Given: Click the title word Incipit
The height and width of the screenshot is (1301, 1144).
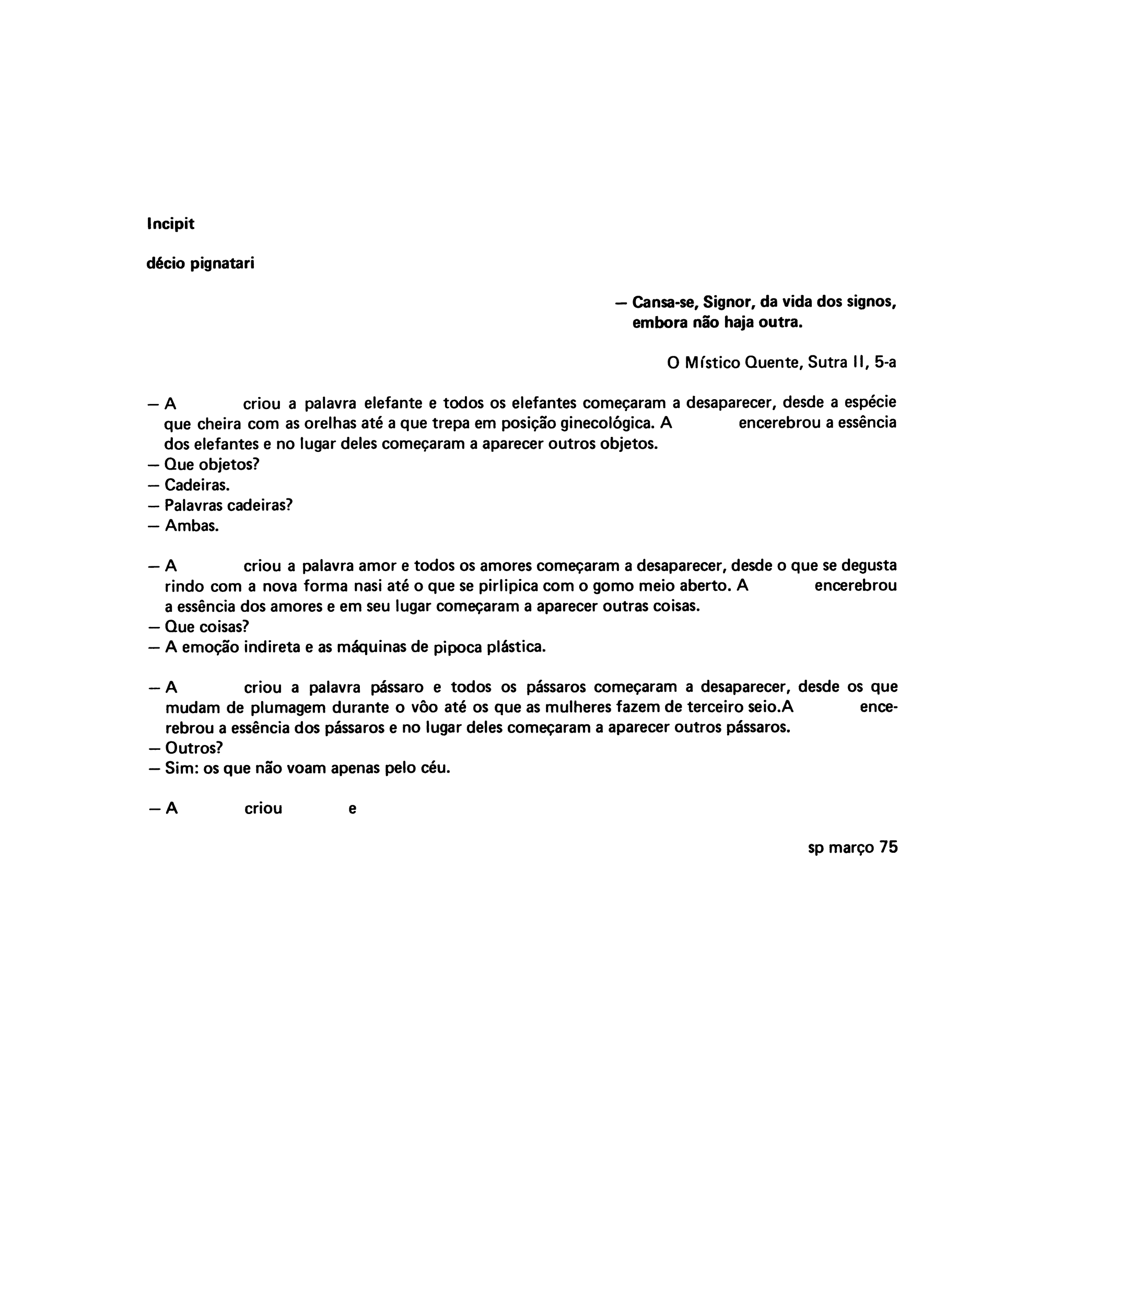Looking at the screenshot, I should point(170,224).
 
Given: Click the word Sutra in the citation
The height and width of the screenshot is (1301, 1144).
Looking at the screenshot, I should point(827,362).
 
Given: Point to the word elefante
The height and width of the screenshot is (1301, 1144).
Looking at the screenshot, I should point(393,403).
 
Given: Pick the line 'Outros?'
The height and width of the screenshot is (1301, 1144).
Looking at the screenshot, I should point(193,747).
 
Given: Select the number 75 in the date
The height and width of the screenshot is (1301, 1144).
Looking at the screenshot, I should point(888,847).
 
